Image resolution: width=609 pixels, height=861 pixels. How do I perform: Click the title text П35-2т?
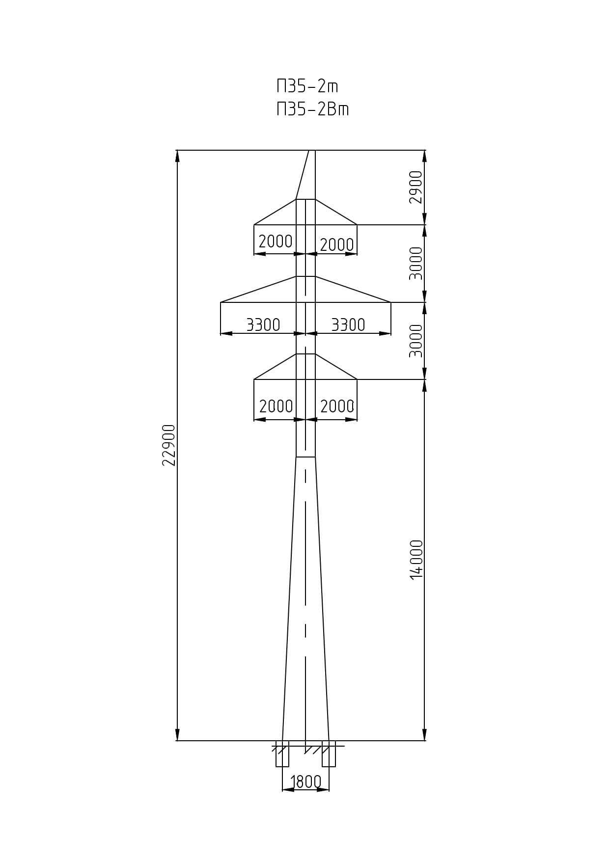coord(307,86)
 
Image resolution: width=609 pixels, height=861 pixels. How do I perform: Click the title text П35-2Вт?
coord(313,109)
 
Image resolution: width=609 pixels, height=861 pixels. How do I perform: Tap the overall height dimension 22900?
coord(168,445)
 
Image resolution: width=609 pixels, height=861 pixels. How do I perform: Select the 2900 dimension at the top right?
coord(416,187)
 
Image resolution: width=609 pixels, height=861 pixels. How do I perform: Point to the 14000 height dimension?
coord(416,560)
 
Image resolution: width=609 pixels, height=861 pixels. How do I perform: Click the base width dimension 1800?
coord(305,781)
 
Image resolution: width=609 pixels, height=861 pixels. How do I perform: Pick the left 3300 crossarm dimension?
coord(263,324)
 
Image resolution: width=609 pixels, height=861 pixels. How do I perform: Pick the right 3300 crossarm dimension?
coord(348,324)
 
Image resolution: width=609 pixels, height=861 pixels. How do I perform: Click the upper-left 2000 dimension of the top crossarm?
coord(276,241)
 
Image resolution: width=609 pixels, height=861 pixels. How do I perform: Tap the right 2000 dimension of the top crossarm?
coord(337,244)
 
